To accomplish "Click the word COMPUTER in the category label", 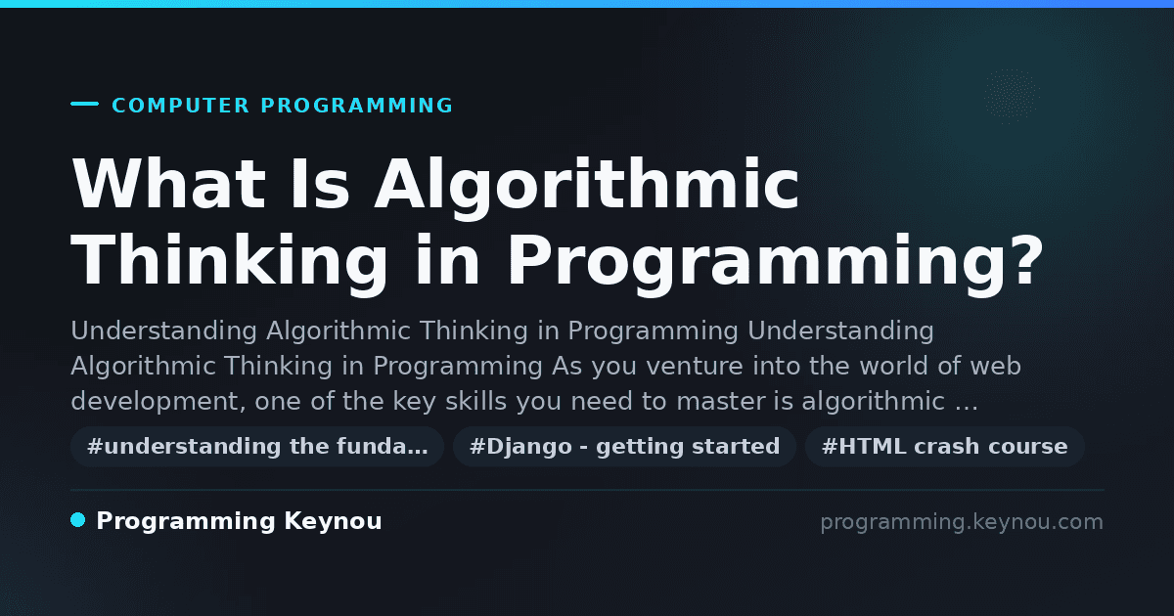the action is [181, 106].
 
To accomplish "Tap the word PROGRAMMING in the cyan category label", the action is [357, 106].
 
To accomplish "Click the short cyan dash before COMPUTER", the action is [84, 104].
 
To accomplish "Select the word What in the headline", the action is [168, 184].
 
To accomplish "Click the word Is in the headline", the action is [320, 184].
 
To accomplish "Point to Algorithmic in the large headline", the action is [586, 188].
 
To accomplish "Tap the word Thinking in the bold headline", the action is [229, 264].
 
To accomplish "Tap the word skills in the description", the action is [475, 401].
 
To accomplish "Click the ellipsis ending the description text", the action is [966, 408].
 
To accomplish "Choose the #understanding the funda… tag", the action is [257, 447].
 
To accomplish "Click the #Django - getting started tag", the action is [625, 447].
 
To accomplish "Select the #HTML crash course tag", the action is [944, 447].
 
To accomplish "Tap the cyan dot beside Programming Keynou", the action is [77, 520].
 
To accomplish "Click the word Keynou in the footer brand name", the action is [333, 521].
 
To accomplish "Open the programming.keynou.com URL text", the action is [962, 522].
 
